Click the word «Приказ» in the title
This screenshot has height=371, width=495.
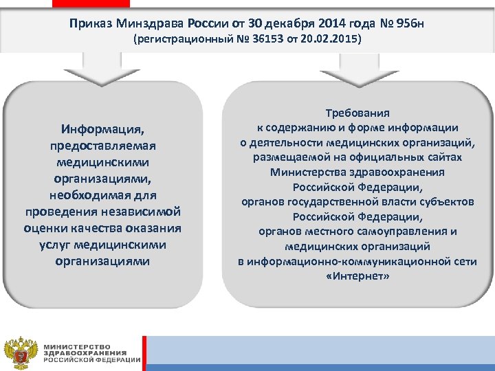(x=89, y=24)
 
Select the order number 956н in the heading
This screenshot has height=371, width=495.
(x=410, y=24)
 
